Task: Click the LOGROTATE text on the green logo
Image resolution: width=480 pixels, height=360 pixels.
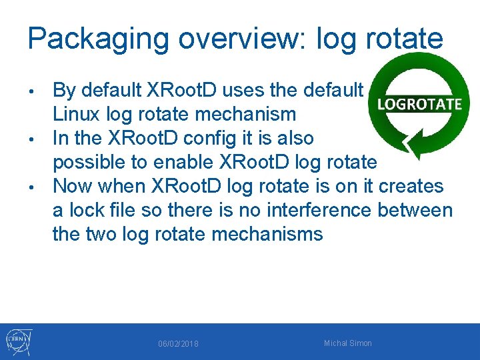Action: pyautogui.click(x=419, y=104)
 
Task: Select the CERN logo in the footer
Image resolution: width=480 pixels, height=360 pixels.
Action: pyautogui.click(x=18, y=342)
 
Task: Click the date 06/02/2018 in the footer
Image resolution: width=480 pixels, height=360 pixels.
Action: pyautogui.click(x=178, y=343)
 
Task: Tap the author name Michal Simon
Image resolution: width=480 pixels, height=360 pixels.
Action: pyautogui.click(x=347, y=343)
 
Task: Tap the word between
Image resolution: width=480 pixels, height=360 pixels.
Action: pyautogui.click(x=415, y=210)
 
